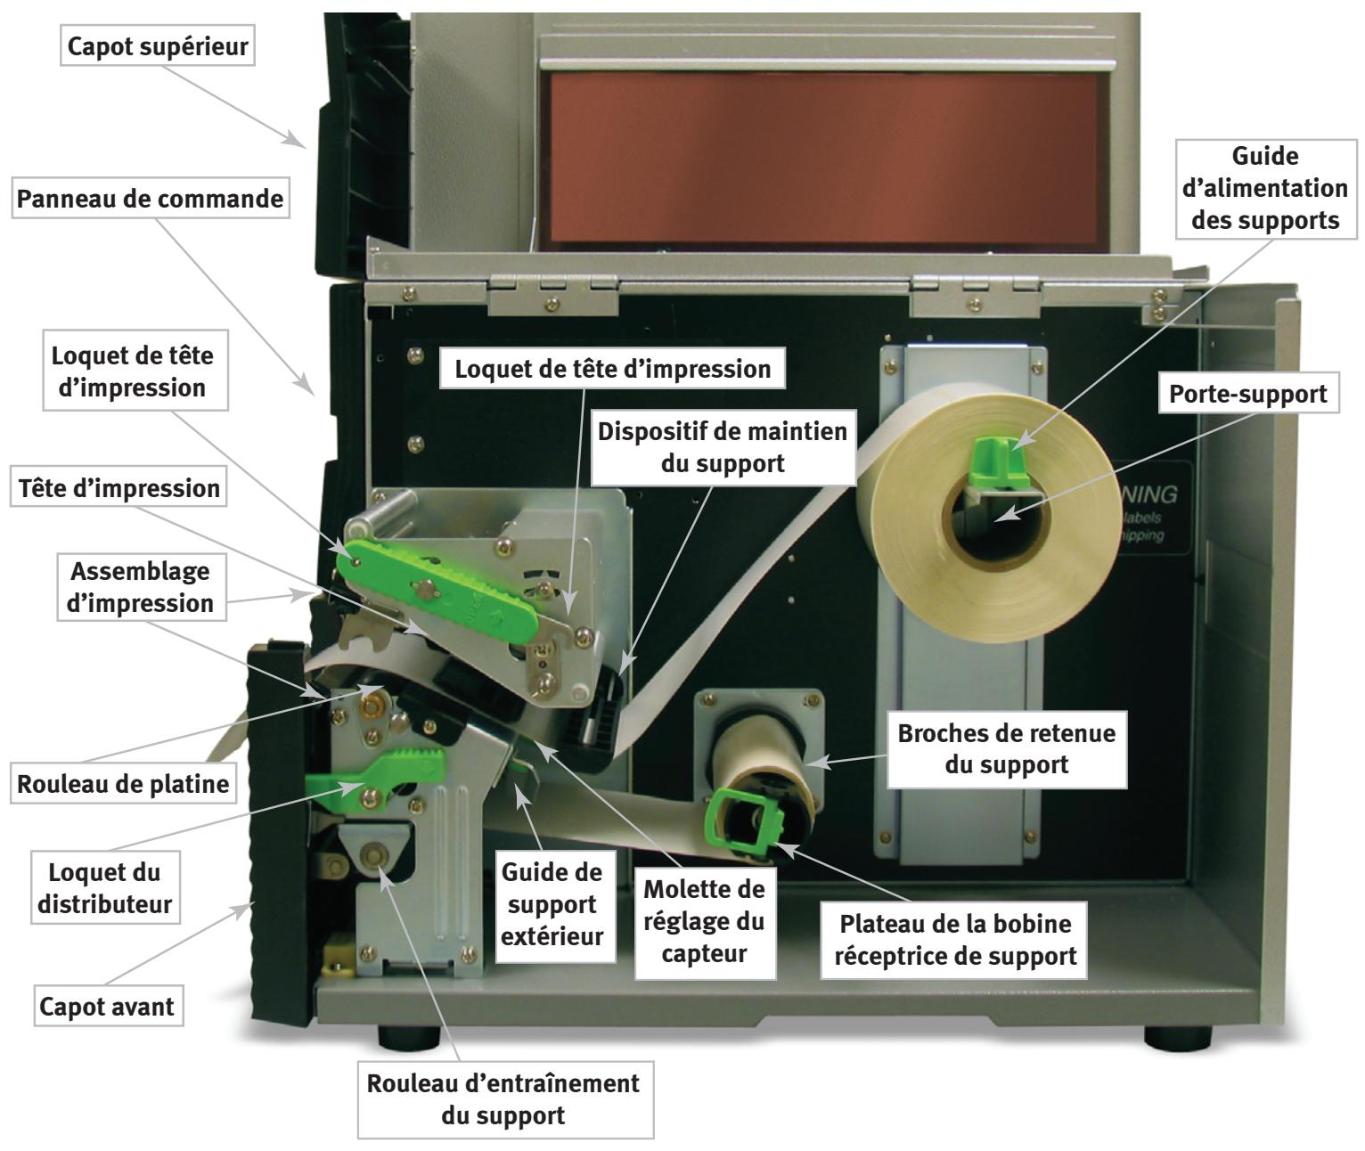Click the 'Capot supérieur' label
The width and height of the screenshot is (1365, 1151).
tap(158, 45)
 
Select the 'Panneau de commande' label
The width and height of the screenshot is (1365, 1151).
tap(151, 198)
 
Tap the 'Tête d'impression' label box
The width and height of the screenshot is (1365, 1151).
tap(119, 488)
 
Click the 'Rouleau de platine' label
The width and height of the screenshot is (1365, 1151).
tap(124, 784)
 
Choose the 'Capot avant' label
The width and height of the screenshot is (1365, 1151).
tap(108, 1007)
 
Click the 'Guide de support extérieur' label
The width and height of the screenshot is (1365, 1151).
tap(552, 903)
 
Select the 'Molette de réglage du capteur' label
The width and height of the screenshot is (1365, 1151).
tap(704, 921)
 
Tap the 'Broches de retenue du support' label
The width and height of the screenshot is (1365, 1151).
tap(1006, 748)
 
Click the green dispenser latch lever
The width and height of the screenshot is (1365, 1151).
tap(374, 775)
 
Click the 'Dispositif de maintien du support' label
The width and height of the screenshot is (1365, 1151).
tap(722, 447)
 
